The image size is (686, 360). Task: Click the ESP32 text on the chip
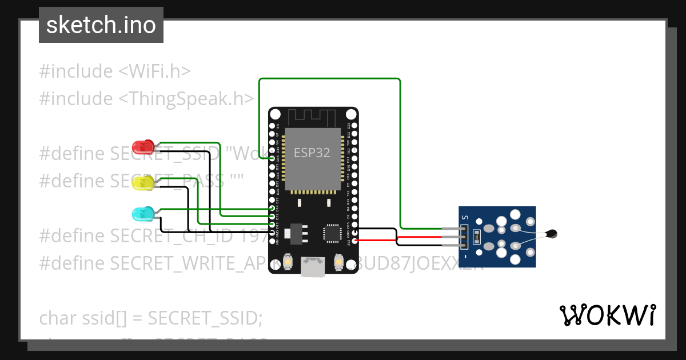pos(313,153)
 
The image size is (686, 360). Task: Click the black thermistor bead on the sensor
pos(551,233)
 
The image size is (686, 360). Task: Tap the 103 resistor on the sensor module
pos(476,235)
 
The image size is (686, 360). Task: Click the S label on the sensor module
pos(465,217)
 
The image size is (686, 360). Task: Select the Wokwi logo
pos(607,315)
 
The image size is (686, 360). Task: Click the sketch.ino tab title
pos(101,25)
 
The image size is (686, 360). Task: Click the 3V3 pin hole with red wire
pos(355,241)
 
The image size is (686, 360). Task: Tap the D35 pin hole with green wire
pos(272,158)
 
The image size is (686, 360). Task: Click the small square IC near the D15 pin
pos(332,232)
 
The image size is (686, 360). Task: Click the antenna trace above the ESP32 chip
pos(313,117)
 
